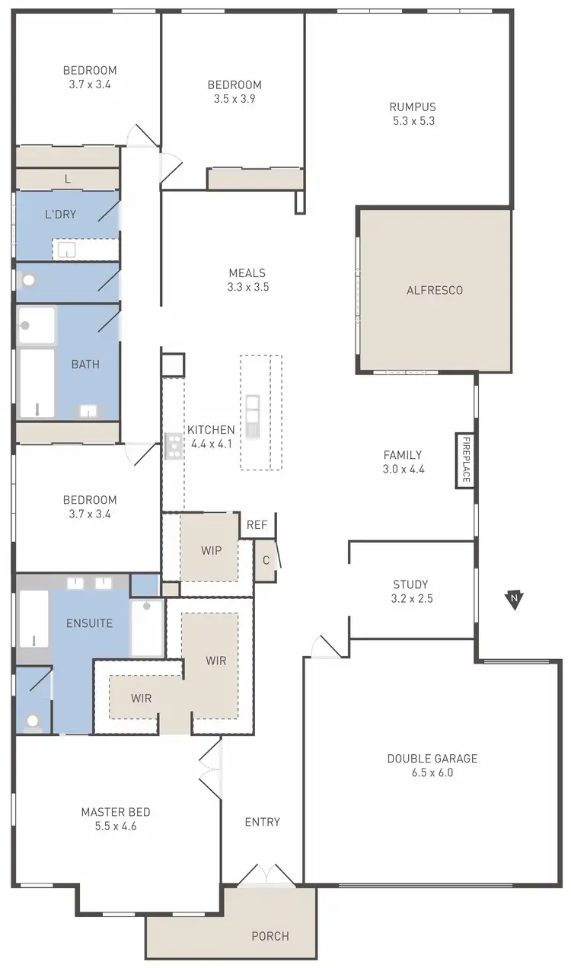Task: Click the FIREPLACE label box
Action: (x=465, y=459)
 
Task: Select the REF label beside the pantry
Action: (x=257, y=524)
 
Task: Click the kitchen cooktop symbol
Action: (x=174, y=446)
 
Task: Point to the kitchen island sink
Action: (x=253, y=415)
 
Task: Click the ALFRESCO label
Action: (x=435, y=290)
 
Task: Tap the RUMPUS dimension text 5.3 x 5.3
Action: (x=413, y=121)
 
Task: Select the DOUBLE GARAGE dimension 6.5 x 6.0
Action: (x=432, y=772)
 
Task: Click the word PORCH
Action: (x=270, y=936)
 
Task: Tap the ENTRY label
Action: (x=262, y=822)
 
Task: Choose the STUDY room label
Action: (x=410, y=584)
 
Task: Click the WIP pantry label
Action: (x=212, y=550)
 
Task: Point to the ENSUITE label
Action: (x=89, y=623)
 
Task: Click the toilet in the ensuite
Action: (x=32, y=719)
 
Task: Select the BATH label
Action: (x=85, y=365)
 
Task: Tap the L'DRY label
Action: (x=60, y=215)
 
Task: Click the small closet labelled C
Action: (x=266, y=560)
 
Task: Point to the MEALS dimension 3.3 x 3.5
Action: (x=248, y=288)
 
